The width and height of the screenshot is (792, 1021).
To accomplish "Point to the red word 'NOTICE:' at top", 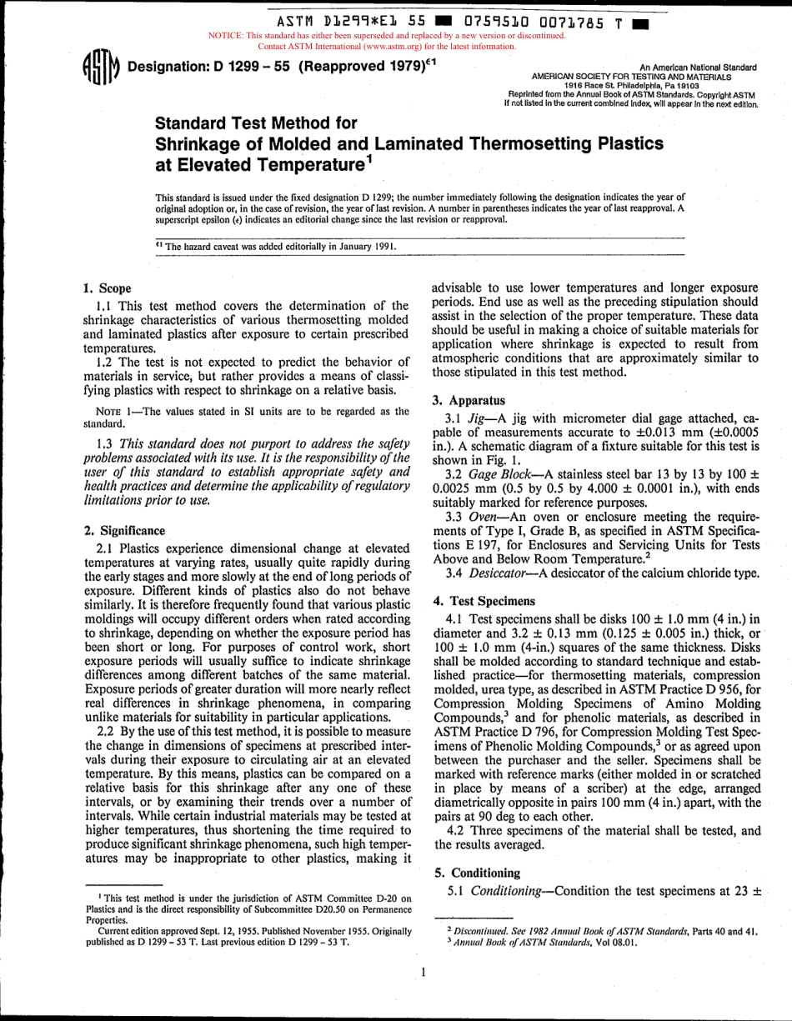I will coord(226,36).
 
